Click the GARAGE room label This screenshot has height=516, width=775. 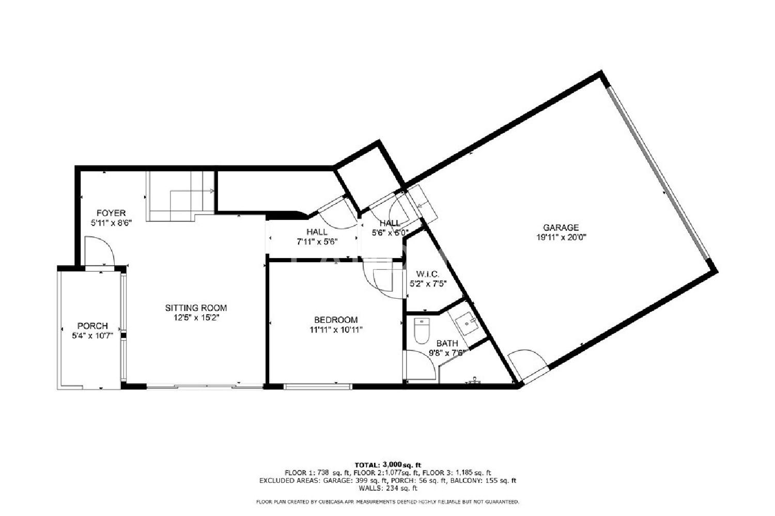[561, 228]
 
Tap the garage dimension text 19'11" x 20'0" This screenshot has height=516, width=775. [561, 237]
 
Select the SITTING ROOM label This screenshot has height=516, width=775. [196, 308]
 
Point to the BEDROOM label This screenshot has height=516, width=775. [336, 320]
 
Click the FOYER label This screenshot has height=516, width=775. [111, 213]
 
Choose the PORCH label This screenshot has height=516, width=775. [92, 326]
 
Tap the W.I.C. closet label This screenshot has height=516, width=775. [428, 274]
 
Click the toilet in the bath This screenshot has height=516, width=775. [422, 331]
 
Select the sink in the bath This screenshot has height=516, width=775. [467, 324]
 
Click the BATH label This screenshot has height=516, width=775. [447, 343]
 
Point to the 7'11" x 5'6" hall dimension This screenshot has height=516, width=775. [317, 241]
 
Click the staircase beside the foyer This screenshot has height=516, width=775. [180, 196]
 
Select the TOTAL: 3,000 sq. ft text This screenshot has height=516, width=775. [388, 465]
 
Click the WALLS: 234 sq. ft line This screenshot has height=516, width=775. [388, 488]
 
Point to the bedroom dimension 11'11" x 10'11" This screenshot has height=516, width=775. [336, 330]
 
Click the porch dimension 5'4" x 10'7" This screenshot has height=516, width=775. [92, 335]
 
